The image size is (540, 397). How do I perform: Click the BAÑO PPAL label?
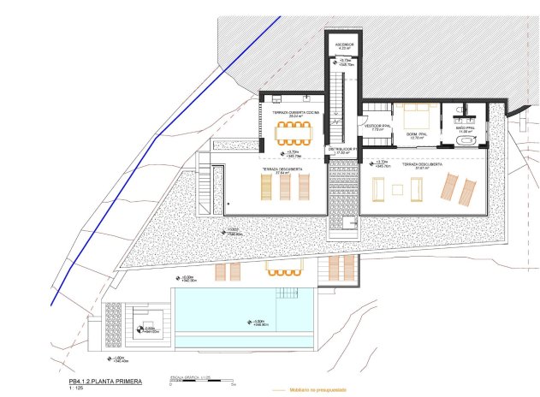[x=465, y=128]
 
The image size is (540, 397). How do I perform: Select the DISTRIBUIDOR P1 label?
[x=343, y=151]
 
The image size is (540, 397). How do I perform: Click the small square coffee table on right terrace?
[x=396, y=190]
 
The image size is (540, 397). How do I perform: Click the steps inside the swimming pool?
[x=286, y=296]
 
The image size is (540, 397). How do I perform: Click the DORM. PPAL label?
[x=417, y=135]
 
